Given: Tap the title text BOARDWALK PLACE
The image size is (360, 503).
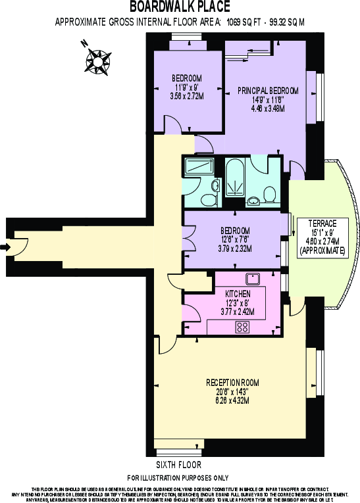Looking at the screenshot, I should click(180, 7).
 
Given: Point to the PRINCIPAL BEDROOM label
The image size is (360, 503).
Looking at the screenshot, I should click(268, 90).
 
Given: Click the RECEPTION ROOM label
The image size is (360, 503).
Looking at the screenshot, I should click(232, 383).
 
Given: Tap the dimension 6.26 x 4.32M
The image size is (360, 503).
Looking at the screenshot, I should click(232, 401).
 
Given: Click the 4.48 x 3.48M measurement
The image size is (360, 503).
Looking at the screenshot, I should click(268, 109).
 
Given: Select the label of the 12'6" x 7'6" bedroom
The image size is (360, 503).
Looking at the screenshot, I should click(235, 230).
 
